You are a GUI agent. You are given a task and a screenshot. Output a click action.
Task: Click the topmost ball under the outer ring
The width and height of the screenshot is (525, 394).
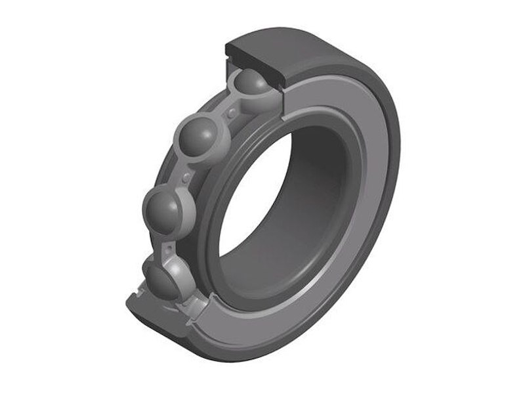point(251,83)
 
